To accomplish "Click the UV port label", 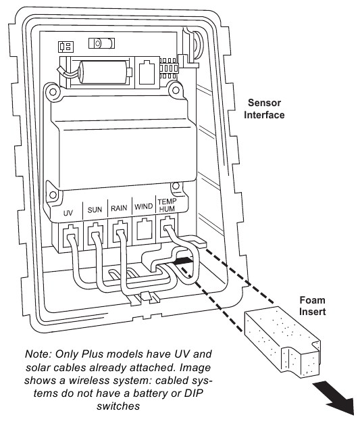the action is [68, 213].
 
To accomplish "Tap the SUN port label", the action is [95, 210].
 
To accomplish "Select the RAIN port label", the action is [119, 208].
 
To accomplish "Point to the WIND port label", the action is [143, 207].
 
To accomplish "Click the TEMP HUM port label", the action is [167, 206].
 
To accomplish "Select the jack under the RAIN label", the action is [120, 232].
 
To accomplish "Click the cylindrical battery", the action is [105, 72].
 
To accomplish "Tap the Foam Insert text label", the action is [313, 306].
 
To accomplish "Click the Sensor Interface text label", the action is [264, 109].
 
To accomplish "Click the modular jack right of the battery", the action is [147, 72].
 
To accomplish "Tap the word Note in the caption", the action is [38, 354].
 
